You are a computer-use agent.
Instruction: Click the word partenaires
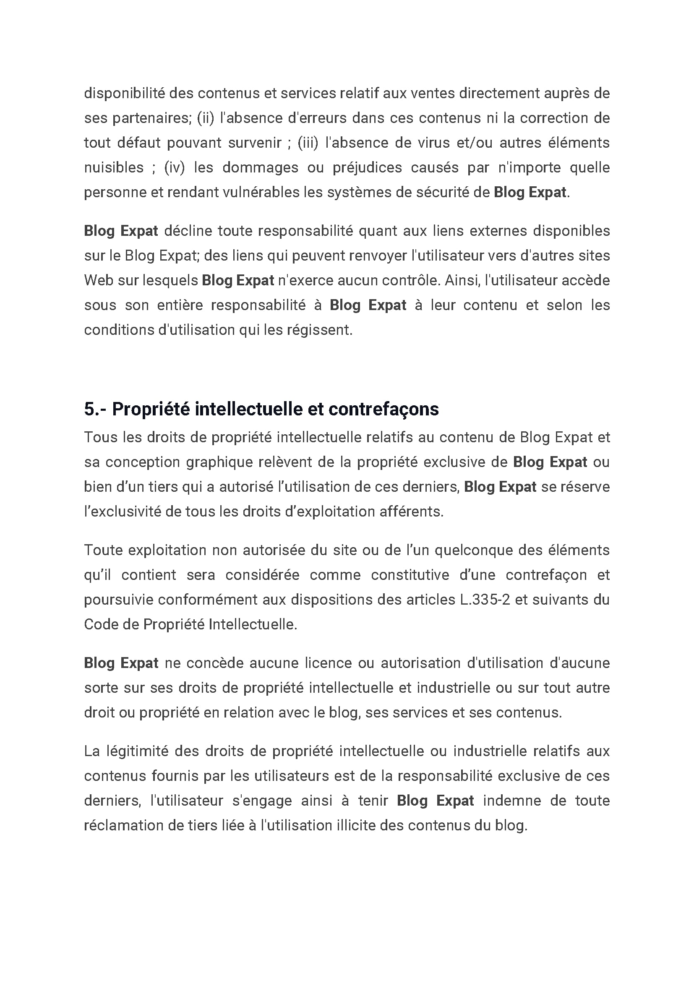pyautogui.click(x=151, y=118)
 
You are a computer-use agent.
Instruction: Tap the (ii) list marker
pyautogui.click(x=205, y=118)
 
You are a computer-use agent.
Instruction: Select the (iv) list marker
pyautogui.click(x=175, y=167)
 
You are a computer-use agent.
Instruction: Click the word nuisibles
pyautogui.click(x=114, y=167)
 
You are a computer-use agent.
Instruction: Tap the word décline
pyautogui.click(x=188, y=231)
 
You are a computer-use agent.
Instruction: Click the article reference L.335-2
pyautogui.click(x=485, y=600)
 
